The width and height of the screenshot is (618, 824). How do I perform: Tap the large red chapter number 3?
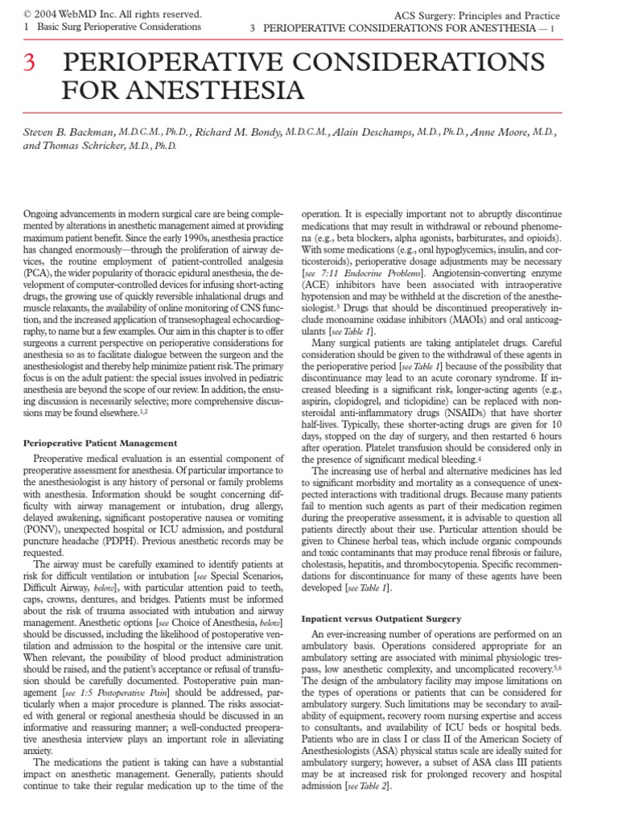coord(28,64)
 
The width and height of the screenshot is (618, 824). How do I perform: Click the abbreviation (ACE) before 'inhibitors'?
coord(315,284)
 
